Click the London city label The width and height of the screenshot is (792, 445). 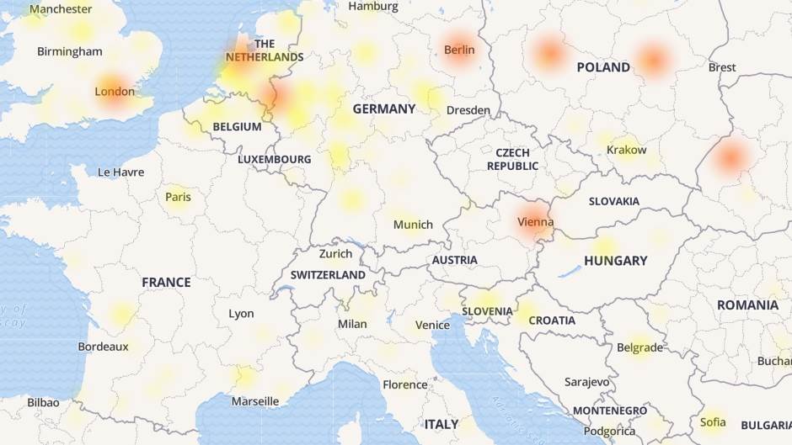(115, 91)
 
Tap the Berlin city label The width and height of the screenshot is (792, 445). (459, 50)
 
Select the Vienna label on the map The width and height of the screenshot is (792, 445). (536, 222)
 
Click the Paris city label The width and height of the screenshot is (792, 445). (178, 197)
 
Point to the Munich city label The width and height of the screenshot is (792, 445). (413, 225)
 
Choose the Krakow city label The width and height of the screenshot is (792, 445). (626, 150)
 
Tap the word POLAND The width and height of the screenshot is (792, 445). (603, 67)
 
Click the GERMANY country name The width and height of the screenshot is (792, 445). (384, 109)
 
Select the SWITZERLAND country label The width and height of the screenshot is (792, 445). (328, 275)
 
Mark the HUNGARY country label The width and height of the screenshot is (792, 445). (615, 261)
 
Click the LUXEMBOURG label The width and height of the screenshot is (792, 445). (274, 159)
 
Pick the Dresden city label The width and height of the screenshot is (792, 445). (468, 110)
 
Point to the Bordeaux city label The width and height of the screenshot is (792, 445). (103, 346)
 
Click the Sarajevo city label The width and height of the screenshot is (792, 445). (586, 382)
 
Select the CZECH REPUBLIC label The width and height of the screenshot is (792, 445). (512, 159)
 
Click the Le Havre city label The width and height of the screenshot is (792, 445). (120, 172)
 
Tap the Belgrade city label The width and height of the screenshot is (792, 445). (640, 347)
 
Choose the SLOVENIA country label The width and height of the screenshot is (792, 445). (486, 311)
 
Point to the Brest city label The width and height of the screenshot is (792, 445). (722, 67)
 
